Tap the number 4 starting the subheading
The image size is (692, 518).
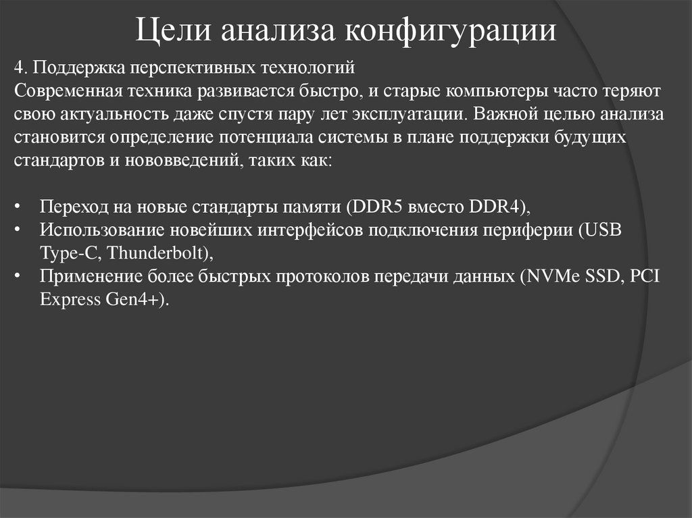18,69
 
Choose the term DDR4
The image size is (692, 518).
493,206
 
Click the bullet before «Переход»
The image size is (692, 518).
18,207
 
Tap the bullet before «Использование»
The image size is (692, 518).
18,230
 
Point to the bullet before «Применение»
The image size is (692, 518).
18,277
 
